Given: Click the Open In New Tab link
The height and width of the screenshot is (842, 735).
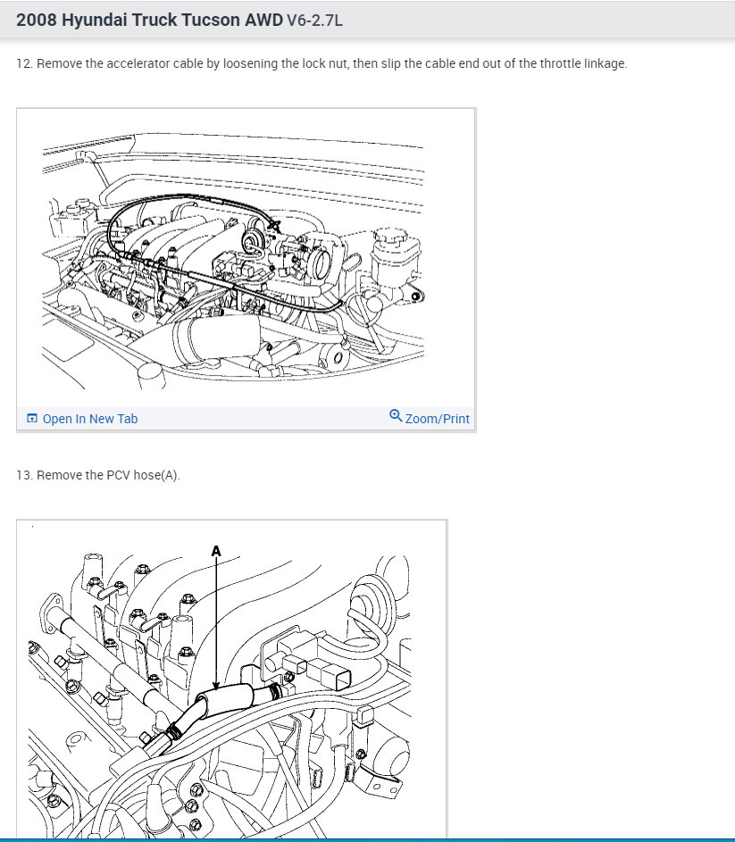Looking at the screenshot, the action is [x=89, y=419].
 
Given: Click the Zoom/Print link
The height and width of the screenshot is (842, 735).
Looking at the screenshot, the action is [x=438, y=419].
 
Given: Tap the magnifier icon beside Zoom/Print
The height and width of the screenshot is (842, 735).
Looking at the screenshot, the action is [x=396, y=415].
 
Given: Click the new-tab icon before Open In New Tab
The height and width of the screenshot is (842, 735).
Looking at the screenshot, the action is [x=32, y=418].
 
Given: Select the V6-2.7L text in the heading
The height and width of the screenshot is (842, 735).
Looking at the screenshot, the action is [x=314, y=21].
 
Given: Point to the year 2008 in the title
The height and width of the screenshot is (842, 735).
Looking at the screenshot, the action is [x=36, y=20].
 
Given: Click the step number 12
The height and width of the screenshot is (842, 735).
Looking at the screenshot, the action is [x=23, y=63].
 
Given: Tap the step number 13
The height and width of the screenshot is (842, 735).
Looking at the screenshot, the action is [x=23, y=475].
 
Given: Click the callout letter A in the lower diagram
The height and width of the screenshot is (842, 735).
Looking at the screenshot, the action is [x=216, y=552].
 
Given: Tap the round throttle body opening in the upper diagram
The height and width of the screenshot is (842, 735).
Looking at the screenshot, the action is [x=322, y=263].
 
